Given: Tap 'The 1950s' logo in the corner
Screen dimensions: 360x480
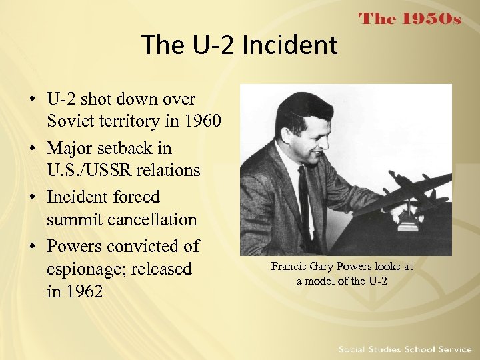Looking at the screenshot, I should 410,19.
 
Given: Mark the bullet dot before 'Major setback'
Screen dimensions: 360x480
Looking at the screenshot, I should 31,148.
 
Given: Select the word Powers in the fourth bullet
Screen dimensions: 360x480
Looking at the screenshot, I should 74,246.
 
